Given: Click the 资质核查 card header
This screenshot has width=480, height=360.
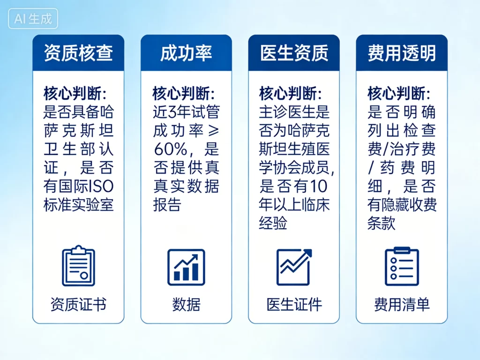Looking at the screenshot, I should pos(78,53).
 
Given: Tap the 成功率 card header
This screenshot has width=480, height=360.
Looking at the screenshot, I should pos(186,53).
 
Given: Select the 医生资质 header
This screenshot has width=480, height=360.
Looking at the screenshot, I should pos(294,53).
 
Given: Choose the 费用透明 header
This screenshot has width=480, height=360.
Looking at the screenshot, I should pos(402,53).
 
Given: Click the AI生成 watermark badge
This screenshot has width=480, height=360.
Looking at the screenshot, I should pos(33,19).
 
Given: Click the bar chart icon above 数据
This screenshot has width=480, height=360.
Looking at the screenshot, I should pos(186,267).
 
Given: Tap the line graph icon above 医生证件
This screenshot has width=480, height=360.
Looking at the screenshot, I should pos(294,267).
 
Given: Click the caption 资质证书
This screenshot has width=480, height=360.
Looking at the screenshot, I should pos(78,305).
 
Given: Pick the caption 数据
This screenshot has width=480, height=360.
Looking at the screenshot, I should pos(186,305).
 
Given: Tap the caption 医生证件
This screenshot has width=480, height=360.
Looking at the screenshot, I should pos(294,305).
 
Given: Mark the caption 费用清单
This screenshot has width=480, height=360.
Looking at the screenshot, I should pos(402,305).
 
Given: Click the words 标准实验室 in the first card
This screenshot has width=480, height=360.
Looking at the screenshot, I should pos(78,205).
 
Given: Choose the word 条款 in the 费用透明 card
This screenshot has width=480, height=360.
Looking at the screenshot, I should pos(382,224).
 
